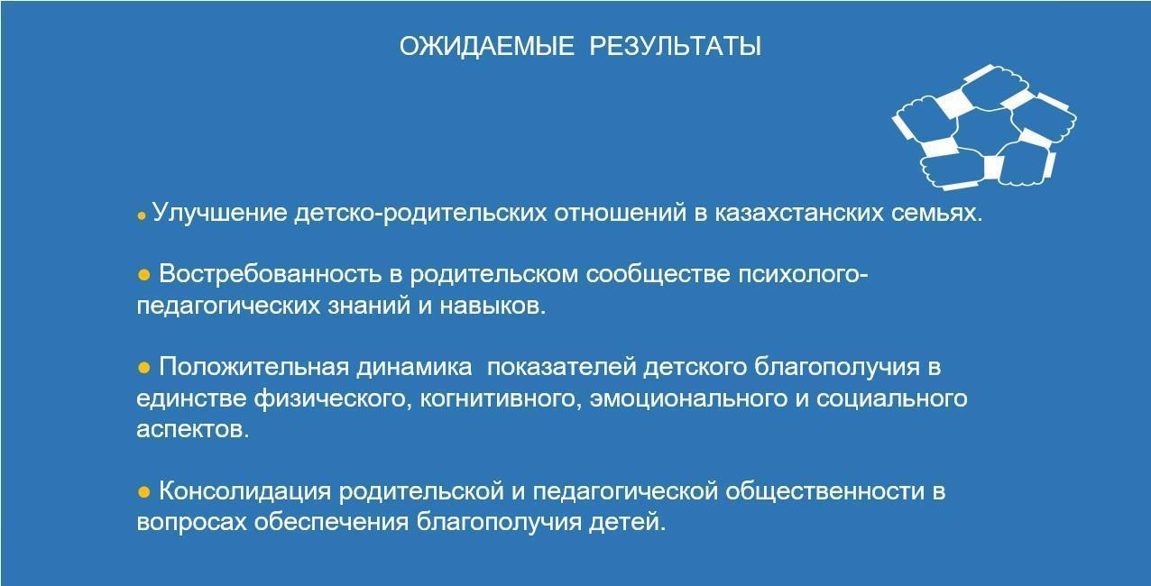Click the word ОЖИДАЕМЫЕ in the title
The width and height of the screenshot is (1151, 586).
(x=486, y=47)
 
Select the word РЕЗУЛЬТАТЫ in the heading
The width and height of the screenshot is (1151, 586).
(x=676, y=47)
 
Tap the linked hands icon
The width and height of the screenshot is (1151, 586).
(x=984, y=127)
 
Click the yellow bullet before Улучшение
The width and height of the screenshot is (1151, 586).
(x=142, y=216)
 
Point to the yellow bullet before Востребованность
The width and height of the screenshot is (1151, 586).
(x=144, y=275)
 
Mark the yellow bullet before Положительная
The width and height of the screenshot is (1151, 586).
(x=144, y=368)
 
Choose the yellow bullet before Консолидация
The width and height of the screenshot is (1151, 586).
(x=144, y=492)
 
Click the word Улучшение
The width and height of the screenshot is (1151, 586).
(x=220, y=213)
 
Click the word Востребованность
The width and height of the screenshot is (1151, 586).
(x=271, y=274)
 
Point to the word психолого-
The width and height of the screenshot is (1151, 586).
(x=803, y=275)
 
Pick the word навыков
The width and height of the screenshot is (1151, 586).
(x=493, y=307)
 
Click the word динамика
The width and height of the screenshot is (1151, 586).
(x=414, y=368)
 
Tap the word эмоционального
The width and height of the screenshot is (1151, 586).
(x=688, y=399)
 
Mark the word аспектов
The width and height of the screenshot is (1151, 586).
(x=193, y=430)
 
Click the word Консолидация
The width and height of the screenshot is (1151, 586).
(x=245, y=492)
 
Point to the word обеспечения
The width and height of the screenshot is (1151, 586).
(x=331, y=523)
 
